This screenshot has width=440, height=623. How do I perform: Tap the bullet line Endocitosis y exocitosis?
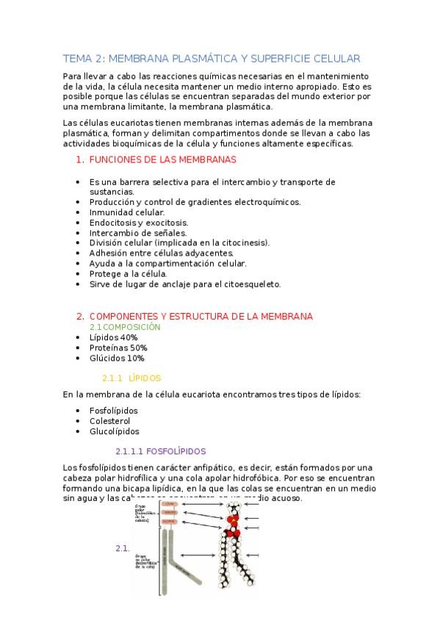click(x=139, y=222)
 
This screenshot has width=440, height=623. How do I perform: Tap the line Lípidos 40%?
click(x=113, y=336)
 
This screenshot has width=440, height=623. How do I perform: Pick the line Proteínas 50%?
click(x=118, y=347)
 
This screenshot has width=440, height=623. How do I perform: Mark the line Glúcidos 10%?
click(x=117, y=358)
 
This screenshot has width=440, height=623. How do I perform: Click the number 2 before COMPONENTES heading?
click(x=79, y=316)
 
